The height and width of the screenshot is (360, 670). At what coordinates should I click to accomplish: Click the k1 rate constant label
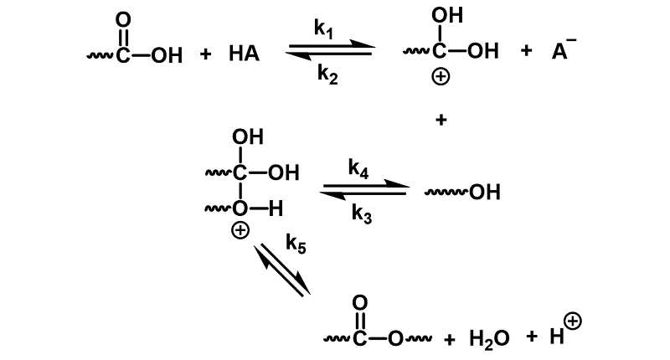coord(323,29)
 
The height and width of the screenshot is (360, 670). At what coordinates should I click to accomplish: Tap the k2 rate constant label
coord(327,75)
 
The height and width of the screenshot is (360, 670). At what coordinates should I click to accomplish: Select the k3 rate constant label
coord(362,213)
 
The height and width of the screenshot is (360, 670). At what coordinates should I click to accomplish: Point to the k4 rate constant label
coord(358,168)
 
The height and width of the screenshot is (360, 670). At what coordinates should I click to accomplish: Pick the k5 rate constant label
coord(296,244)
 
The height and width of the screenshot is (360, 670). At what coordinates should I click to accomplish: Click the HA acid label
coord(244,54)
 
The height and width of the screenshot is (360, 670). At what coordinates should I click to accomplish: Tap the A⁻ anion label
coord(564,49)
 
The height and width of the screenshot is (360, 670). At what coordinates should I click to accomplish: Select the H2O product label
coord(489,339)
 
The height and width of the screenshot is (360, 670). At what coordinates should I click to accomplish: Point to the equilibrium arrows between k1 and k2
coord(330,50)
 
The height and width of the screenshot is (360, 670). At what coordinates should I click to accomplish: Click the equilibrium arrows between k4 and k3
coord(364,190)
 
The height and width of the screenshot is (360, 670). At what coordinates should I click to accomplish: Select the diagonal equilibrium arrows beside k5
coord(282,270)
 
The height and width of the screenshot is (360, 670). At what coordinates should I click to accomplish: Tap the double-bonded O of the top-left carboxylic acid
coord(123,19)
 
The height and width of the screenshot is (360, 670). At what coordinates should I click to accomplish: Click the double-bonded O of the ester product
coord(360,303)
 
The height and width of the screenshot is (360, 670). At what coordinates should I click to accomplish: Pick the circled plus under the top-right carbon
coord(441,77)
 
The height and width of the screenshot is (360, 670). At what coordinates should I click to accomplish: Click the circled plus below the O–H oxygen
coord(240,230)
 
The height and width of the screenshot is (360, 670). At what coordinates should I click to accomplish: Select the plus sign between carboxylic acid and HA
coord(205,54)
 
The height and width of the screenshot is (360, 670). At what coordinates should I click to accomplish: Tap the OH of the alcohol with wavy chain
coord(485,193)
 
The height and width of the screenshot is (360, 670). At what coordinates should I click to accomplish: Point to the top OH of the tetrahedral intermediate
coord(248,137)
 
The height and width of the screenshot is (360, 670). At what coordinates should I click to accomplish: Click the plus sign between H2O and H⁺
coord(532,336)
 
